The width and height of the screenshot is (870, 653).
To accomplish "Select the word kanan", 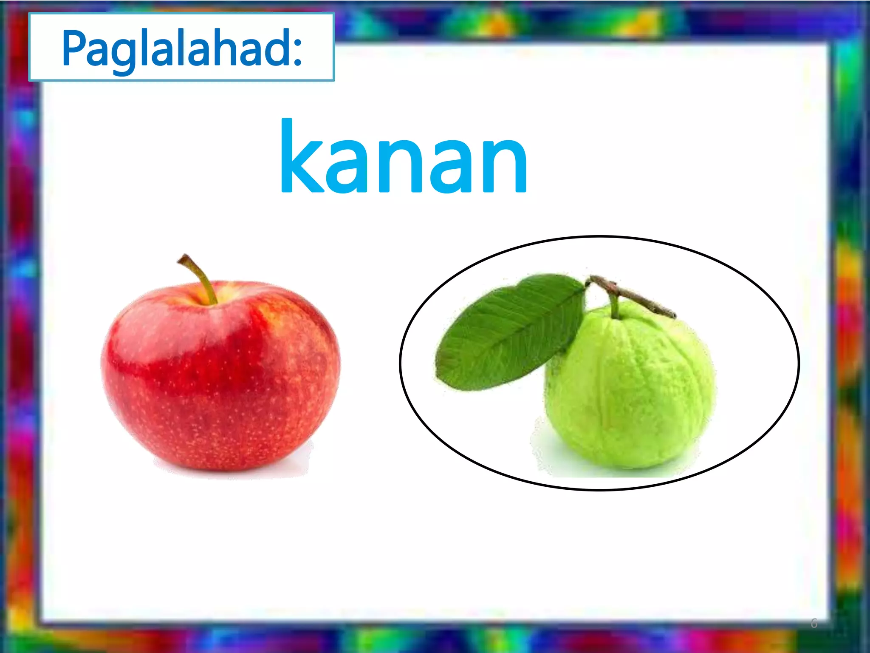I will [404, 159].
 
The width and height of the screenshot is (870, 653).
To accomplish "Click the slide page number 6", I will [814, 624].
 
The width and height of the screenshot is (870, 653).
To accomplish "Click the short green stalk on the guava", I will [614, 306].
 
